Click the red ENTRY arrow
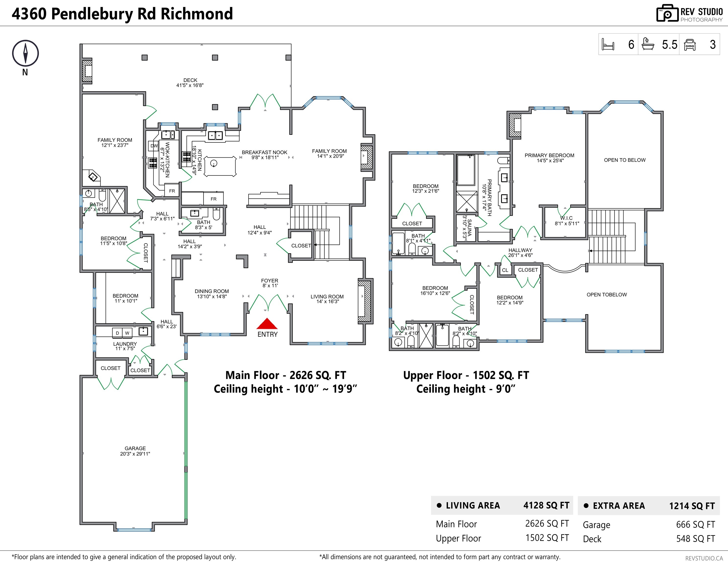pyautogui.click(x=267, y=324)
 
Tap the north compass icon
pyautogui.click(x=25, y=53)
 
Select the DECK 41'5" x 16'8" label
pyautogui.click(x=190, y=83)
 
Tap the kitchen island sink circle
pyautogui.click(x=214, y=163)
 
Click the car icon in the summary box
pyautogui.click(x=690, y=45)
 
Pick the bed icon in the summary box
pyautogui.click(x=608, y=45)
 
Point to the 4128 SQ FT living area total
pyautogui.click(x=546, y=505)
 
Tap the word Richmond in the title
pyautogui.click(x=197, y=14)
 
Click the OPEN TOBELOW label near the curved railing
pyautogui.click(x=606, y=294)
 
